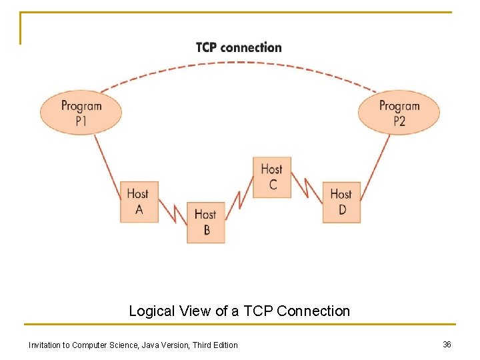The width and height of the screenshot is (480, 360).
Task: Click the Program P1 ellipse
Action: (x=81, y=113)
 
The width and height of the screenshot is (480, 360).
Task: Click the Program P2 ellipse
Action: (x=399, y=113)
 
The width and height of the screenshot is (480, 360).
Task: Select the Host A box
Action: (x=139, y=201)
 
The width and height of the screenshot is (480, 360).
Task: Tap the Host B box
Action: (x=205, y=222)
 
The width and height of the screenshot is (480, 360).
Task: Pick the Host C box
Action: (x=272, y=177)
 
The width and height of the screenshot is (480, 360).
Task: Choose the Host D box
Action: (x=341, y=201)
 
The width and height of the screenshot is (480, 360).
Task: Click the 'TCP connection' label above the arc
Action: (x=239, y=47)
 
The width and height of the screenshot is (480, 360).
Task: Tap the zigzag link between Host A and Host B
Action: (x=173, y=213)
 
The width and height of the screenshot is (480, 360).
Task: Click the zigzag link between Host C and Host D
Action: (x=307, y=188)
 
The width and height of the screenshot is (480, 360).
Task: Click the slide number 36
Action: (x=447, y=344)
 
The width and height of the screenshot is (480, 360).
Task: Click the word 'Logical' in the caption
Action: (x=151, y=311)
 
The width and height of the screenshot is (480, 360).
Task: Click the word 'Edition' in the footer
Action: (x=225, y=345)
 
